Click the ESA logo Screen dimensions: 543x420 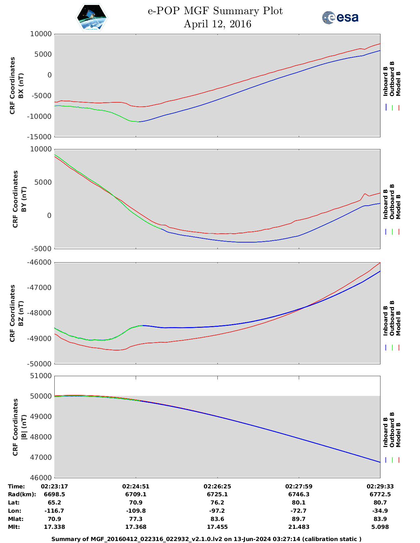340,17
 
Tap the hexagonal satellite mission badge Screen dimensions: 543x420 92,18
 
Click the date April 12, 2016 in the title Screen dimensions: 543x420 217,24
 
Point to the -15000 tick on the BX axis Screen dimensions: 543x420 41,137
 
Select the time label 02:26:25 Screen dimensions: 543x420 217,486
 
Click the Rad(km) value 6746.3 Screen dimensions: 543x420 298,494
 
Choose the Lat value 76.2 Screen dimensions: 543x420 217,503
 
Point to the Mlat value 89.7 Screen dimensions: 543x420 298,519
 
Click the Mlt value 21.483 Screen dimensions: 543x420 298,527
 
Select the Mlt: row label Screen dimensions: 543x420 14,527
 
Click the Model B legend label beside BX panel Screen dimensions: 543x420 398,84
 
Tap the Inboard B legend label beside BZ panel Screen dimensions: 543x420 385,321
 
